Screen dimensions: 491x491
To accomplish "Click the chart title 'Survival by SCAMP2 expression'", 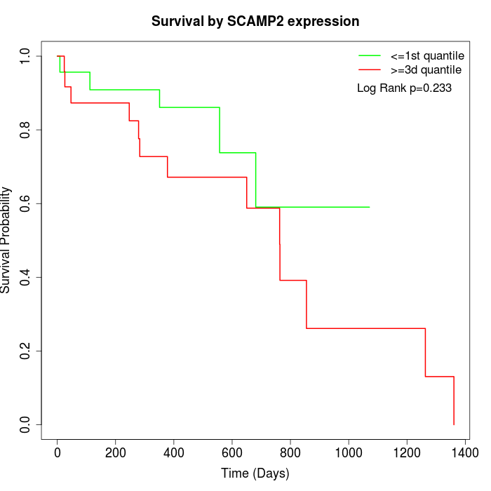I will click(x=255, y=22).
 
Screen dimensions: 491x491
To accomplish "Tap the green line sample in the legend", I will click(x=370, y=55).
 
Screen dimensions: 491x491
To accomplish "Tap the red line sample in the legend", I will click(x=370, y=70).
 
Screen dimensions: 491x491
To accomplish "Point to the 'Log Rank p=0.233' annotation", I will click(x=404, y=88).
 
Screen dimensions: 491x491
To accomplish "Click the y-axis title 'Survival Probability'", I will click(x=7, y=240).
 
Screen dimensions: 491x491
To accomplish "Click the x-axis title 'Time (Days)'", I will click(x=255, y=473).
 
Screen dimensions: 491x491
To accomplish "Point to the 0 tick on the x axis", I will click(x=58, y=452).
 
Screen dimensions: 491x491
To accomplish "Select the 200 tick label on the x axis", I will click(x=116, y=452).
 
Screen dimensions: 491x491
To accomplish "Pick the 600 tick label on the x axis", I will click(x=232, y=452).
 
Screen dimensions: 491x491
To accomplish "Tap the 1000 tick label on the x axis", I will click(x=349, y=452).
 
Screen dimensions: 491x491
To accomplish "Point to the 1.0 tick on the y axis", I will click(x=26, y=56).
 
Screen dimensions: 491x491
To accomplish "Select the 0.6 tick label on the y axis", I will click(x=26, y=203).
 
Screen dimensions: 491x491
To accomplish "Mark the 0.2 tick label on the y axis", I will click(x=26, y=351).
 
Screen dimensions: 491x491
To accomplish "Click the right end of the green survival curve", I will click(x=369, y=207).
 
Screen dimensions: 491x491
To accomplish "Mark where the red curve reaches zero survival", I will click(x=454, y=424).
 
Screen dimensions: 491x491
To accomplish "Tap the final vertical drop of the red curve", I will click(x=454, y=401).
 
